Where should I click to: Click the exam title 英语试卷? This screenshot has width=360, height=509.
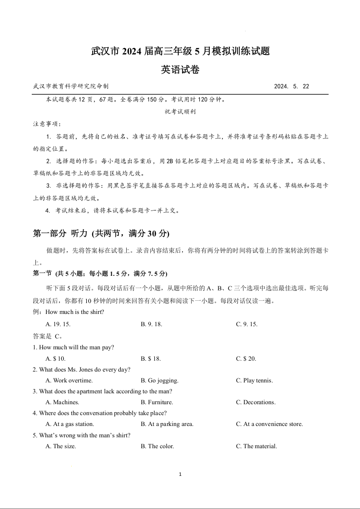tap(180, 70)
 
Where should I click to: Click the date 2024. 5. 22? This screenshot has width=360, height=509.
tap(292, 86)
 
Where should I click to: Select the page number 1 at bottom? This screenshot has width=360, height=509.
tap(180, 475)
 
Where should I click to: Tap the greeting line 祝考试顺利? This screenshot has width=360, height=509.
tap(180, 111)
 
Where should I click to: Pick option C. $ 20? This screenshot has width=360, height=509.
tap(246, 358)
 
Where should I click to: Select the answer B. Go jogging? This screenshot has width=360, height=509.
tap(159, 381)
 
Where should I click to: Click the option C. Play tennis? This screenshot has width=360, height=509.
tap(254, 381)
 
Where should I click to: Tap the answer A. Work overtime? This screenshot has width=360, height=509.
tap(69, 381)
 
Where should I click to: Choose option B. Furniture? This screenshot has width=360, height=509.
tap(157, 402)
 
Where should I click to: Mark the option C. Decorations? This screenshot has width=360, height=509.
tap(256, 402)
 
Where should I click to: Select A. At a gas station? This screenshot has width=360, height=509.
tap(70, 424)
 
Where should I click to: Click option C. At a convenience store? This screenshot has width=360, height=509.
tap(269, 424)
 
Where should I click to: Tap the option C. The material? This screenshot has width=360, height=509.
tap(256, 446)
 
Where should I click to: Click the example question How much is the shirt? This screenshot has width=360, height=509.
tap(75, 312)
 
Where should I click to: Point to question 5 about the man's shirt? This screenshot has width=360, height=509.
tap(82, 436)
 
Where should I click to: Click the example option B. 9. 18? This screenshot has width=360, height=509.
tap(151, 324)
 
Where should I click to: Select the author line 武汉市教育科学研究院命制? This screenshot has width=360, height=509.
tap(71, 86)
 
